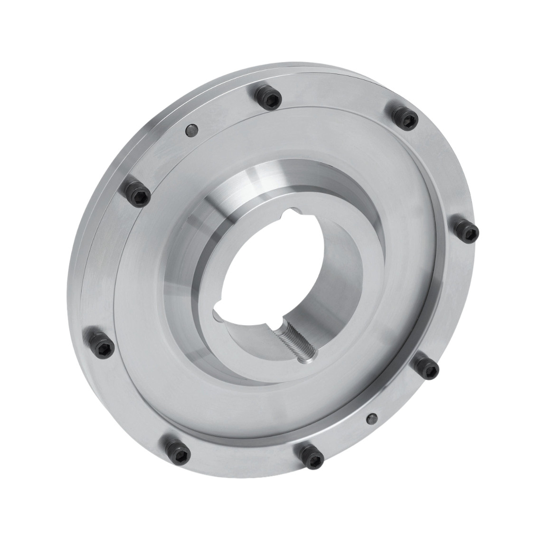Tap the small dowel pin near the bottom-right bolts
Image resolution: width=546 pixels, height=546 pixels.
[x=373, y=417]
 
